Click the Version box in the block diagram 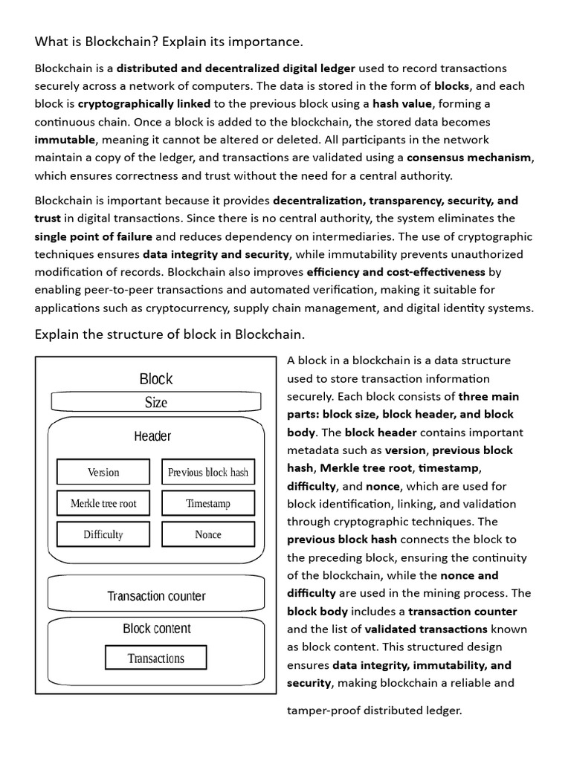pos(103,472)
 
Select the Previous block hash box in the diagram pos(208,472)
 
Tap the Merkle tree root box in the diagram pos(103,503)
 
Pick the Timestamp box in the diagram pos(208,503)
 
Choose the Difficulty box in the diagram pos(103,534)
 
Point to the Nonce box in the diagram pos(208,534)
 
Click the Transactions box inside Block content pos(156,658)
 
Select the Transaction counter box pos(156,595)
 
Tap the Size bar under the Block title pos(156,402)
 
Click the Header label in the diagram pos(152,436)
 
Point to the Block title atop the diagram pos(156,379)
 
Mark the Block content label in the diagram pos(157,629)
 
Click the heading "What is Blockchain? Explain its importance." pos(169,41)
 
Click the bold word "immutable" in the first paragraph pos(65,140)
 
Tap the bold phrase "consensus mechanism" pos(470,158)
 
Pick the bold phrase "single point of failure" pos(94,236)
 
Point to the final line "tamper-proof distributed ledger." pos(375,710)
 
